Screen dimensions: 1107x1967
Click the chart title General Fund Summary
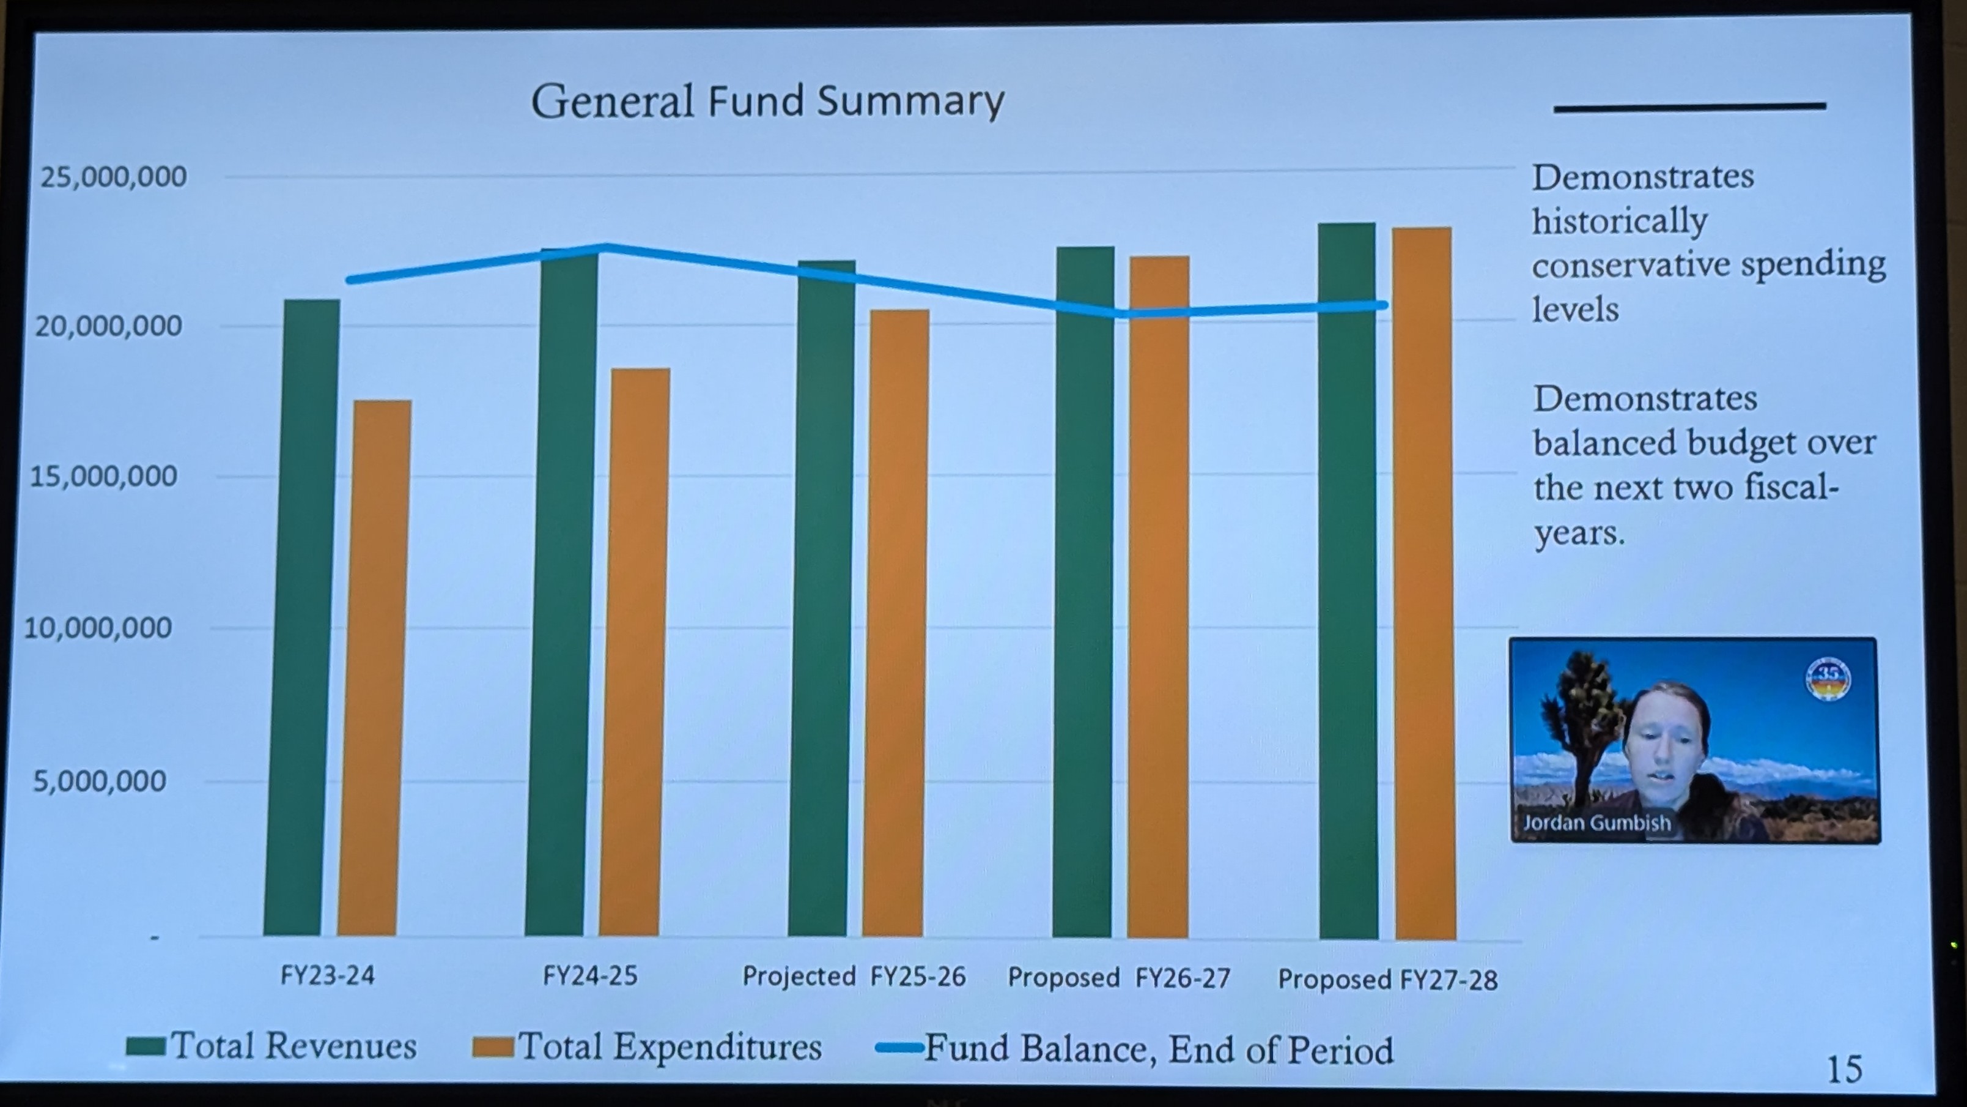pos(767,102)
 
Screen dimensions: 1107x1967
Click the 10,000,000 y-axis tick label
pos(98,628)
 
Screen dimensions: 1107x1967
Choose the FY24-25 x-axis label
pos(589,975)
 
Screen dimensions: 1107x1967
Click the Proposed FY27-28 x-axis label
pos(1387,980)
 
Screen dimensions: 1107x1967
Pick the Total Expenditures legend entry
pos(648,1046)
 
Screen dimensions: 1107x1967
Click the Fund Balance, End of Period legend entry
pos(1135,1049)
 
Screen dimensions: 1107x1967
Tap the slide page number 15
pos(1844,1070)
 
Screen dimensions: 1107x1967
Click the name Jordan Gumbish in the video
pos(1596,823)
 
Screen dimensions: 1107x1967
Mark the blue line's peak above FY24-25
pos(605,247)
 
